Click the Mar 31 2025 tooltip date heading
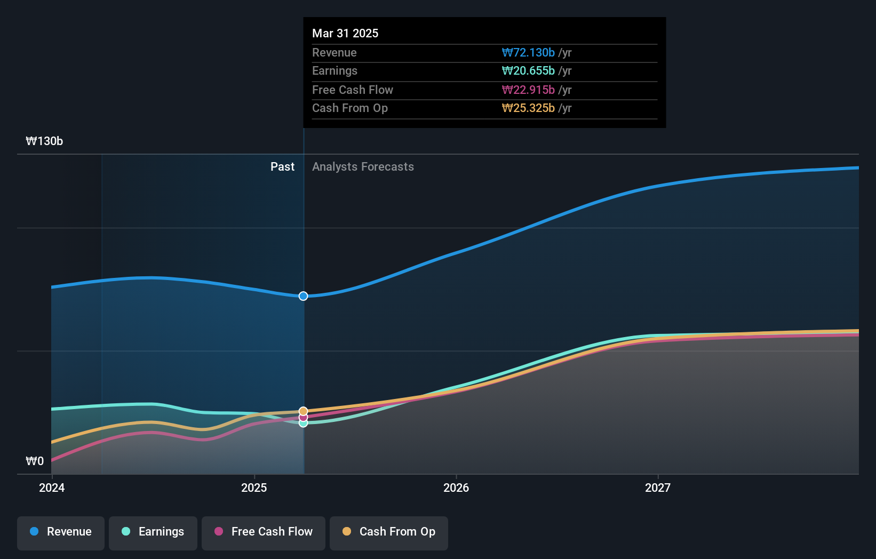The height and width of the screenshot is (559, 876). coord(345,33)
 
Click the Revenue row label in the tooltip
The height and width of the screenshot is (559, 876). coord(335,52)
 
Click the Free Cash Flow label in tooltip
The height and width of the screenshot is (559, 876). coord(353,90)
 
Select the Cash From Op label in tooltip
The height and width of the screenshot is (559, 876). coord(350,108)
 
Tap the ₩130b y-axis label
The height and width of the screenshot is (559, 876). coord(44,141)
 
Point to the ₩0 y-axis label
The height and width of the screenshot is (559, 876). coord(35,461)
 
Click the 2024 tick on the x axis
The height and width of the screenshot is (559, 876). coord(52,488)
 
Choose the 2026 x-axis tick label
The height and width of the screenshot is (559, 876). coord(456,488)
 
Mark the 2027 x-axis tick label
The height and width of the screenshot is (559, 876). coord(658,488)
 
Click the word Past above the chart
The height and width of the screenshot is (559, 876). coord(282,166)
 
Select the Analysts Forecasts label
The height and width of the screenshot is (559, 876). coord(363,166)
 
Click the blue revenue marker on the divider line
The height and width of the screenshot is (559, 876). coord(303,296)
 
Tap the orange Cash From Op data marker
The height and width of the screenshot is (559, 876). coord(303,411)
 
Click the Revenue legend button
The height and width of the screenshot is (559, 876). coord(61,532)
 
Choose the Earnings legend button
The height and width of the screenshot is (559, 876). coord(153,532)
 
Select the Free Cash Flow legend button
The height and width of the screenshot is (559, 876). coord(264,532)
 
